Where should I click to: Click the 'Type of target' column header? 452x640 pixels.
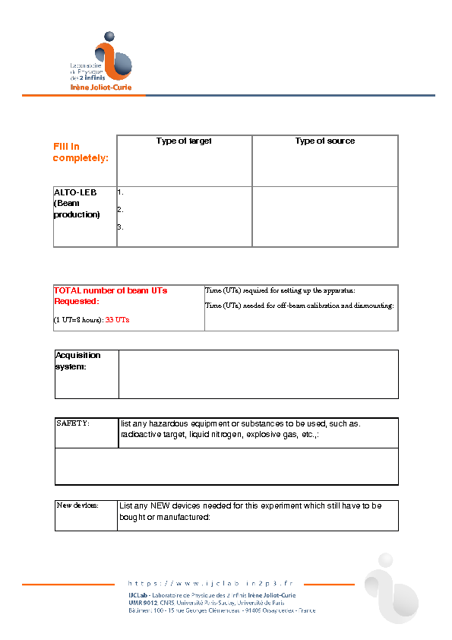[184, 141]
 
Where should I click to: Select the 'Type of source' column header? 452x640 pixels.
[325, 141]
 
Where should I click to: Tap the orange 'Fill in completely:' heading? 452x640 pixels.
[80, 152]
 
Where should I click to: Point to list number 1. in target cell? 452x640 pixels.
[121, 193]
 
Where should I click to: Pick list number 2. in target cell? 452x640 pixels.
[121, 210]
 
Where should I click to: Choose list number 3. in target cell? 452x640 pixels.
[121, 227]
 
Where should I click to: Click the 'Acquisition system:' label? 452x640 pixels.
[77, 361]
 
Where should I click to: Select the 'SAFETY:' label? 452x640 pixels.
[73, 423]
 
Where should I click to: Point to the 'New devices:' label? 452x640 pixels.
[77, 505]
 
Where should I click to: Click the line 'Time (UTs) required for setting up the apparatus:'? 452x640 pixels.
[280, 291]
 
